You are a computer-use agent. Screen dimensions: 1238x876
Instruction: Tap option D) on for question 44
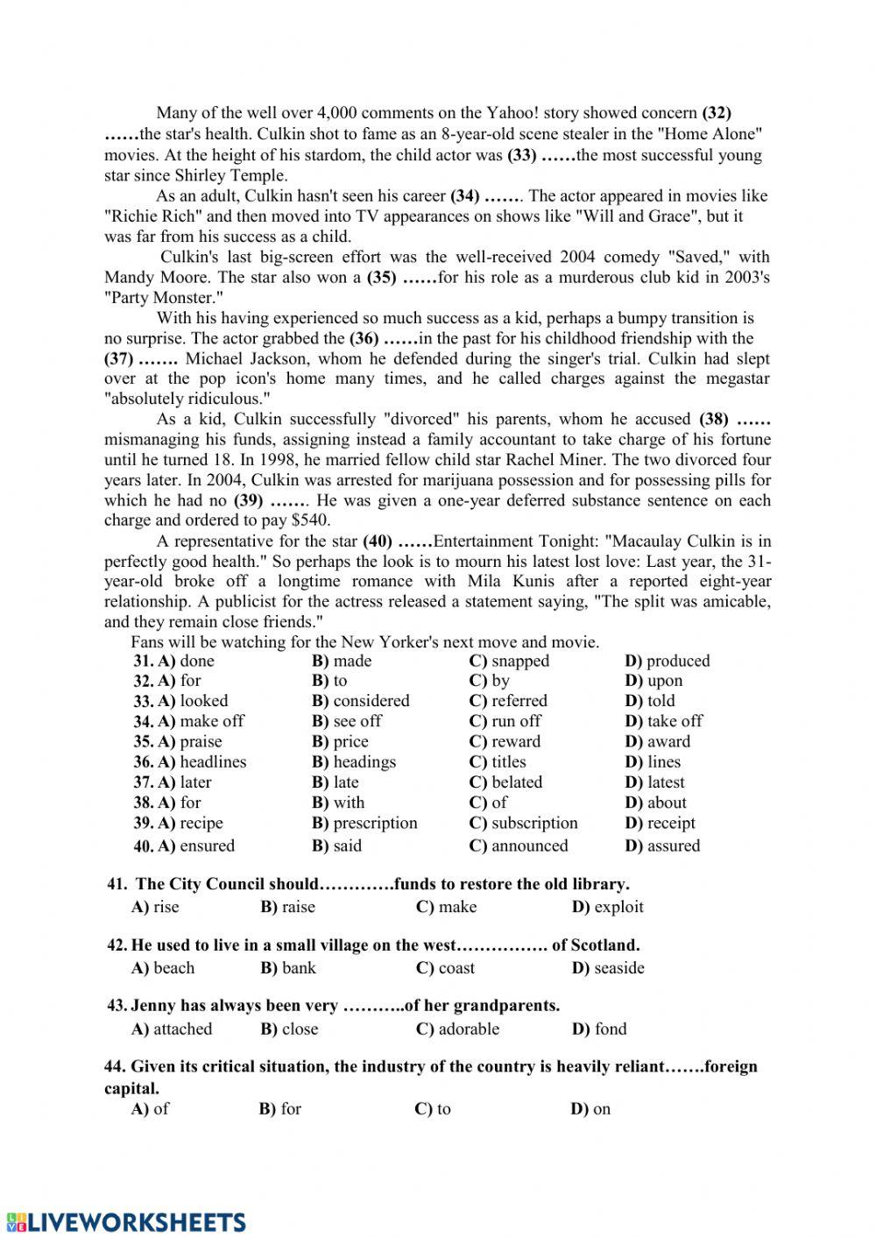pyautogui.click(x=590, y=1109)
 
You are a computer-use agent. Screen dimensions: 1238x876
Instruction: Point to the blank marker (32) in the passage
pyautogui.click(x=717, y=112)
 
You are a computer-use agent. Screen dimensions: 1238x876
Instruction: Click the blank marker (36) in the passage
pyautogui.click(x=364, y=338)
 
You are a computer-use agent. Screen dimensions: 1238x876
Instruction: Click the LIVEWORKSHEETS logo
pyautogui.click(x=125, y=1221)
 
